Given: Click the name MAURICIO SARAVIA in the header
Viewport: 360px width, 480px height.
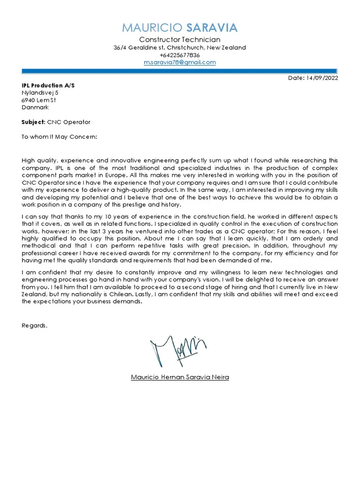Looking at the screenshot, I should pyautogui.click(x=180, y=28).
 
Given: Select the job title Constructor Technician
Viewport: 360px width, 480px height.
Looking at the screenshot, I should pyautogui.click(x=180, y=40).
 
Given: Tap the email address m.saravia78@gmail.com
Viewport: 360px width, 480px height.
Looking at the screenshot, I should pyautogui.click(x=180, y=62).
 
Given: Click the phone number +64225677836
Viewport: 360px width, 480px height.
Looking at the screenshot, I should pyautogui.click(x=180, y=55).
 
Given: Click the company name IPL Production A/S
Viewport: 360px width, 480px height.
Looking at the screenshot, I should pyautogui.click(x=48, y=85).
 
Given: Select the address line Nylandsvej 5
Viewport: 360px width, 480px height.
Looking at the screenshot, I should pyautogui.click(x=40, y=93).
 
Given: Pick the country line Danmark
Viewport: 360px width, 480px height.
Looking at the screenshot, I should pyautogui.click(x=35, y=107).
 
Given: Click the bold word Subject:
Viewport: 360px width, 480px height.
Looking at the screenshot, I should pyautogui.click(x=33, y=122).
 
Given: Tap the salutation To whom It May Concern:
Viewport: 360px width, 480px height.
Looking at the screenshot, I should pyautogui.click(x=60, y=137).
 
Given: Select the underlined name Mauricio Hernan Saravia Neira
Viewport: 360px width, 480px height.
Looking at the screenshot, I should pyautogui.click(x=180, y=377).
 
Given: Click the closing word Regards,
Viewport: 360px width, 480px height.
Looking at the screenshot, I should pyautogui.click(x=35, y=325).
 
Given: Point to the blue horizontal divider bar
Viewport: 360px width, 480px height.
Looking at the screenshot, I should pyautogui.click(x=180, y=71).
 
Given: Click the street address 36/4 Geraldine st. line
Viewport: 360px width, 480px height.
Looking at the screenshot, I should pyautogui.click(x=180, y=48).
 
